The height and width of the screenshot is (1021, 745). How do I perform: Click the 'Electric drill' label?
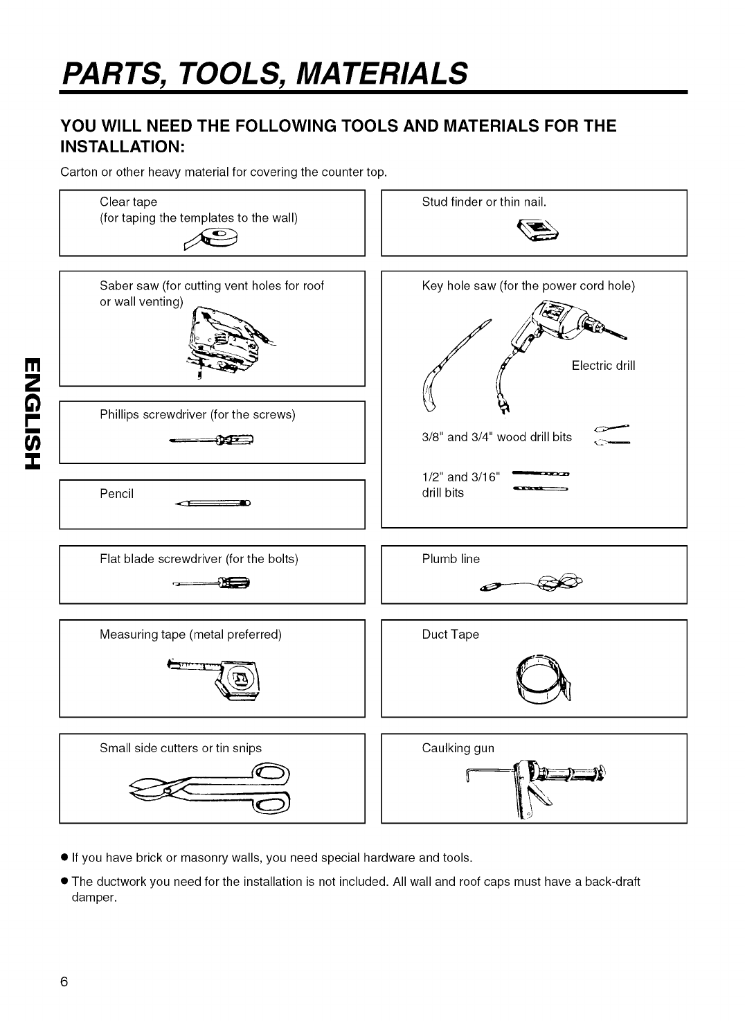pyautogui.click(x=603, y=366)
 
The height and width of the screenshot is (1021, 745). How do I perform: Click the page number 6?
pyautogui.click(x=64, y=982)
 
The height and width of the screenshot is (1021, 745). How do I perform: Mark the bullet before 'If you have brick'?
pyautogui.click(x=64, y=858)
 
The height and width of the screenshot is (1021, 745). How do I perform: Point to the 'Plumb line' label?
pyautogui.click(x=451, y=559)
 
